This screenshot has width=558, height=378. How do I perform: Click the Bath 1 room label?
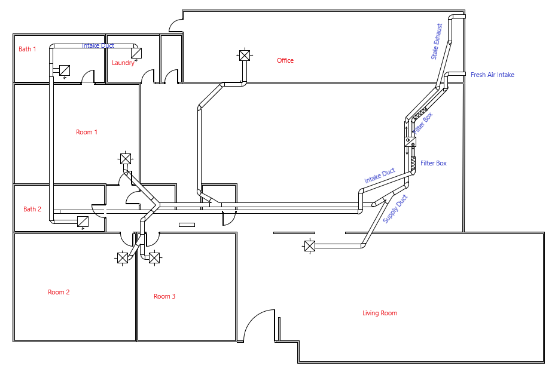pyautogui.click(x=28, y=49)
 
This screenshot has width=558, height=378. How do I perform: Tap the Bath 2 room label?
pyautogui.click(x=32, y=209)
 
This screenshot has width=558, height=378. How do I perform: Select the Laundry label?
pyautogui.click(x=123, y=63)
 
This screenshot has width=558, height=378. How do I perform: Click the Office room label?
pyautogui.click(x=285, y=60)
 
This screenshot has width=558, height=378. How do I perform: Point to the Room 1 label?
pyautogui.click(x=87, y=132)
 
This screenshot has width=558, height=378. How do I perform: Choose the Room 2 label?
pyautogui.click(x=59, y=292)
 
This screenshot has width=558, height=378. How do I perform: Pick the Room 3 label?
pyautogui.click(x=164, y=296)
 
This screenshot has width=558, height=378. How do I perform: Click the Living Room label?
pyautogui.click(x=380, y=313)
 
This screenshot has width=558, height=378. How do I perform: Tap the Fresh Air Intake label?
pyautogui.click(x=492, y=75)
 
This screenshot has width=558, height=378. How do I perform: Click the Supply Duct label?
pyautogui.click(x=395, y=209)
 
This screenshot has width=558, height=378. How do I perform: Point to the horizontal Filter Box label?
pyautogui.click(x=434, y=163)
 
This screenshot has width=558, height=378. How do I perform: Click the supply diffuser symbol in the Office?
pyautogui.click(x=244, y=56)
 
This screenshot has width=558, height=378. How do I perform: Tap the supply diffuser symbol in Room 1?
pyautogui.click(x=126, y=158)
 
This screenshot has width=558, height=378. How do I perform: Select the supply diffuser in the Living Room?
pyautogui.click(x=310, y=245)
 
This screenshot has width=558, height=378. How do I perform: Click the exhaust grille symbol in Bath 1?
pyautogui.click(x=65, y=70)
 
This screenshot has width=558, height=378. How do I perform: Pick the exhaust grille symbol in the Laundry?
pyautogui.click(x=136, y=53)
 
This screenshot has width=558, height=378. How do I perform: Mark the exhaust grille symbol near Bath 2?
pyautogui.click(x=83, y=222)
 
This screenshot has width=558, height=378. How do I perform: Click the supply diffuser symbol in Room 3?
pyautogui.click(x=154, y=258)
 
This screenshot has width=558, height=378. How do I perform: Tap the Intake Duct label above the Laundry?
pyautogui.click(x=98, y=45)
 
